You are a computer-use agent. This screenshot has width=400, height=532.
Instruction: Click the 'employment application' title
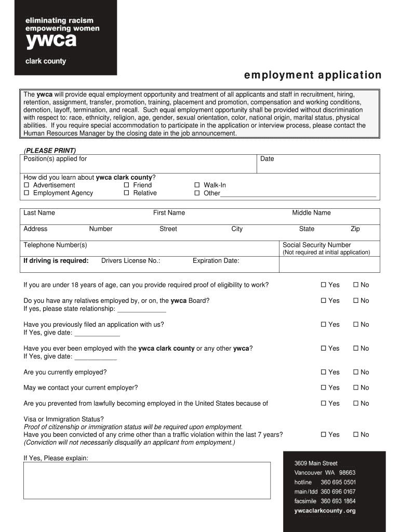pyautogui.click(x=313, y=75)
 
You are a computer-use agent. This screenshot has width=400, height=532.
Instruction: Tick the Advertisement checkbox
pyautogui.click(x=27, y=185)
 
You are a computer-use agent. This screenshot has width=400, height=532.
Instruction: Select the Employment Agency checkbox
pyautogui.click(x=27, y=193)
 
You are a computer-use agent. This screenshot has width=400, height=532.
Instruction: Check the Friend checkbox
pyautogui.click(x=127, y=185)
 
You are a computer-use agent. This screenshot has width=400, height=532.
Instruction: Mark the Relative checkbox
pyautogui.click(x=127, y=193)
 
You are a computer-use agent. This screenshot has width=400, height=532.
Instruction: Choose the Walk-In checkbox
pyautogui.click(x=197, y=185)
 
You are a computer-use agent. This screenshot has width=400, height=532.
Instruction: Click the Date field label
pyautogui.click(x=267, y=159)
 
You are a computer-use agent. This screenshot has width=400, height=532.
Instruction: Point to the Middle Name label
pyautogui.click(x=311, y=213)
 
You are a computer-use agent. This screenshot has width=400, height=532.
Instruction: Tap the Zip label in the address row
pyautogui.click(x=355, y=229)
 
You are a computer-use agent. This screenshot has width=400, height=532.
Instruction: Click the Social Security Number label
pyautogui.click(x=316, y=245)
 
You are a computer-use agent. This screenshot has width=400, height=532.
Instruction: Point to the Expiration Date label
pyautogui.click(x=216, y=261)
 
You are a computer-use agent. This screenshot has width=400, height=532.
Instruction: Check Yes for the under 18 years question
pyautogui.click(x=324, y=285)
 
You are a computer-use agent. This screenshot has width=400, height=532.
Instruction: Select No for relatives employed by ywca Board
pyautogui.click(x=356, y=301)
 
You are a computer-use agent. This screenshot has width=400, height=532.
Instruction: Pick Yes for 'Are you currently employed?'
pyautogui.click(x=324, y=373)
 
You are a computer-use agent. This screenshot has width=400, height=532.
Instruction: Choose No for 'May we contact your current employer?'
pyautogui.click(x=356, y=388)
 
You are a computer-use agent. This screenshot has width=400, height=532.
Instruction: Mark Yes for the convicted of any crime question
pyautogui.click(x=324, y=435)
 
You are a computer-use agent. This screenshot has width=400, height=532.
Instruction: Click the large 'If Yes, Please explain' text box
pyautogui.click(x=147, y=481)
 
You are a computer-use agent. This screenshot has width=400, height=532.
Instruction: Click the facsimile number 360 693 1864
pyautogui.click(x=338, y=501)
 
